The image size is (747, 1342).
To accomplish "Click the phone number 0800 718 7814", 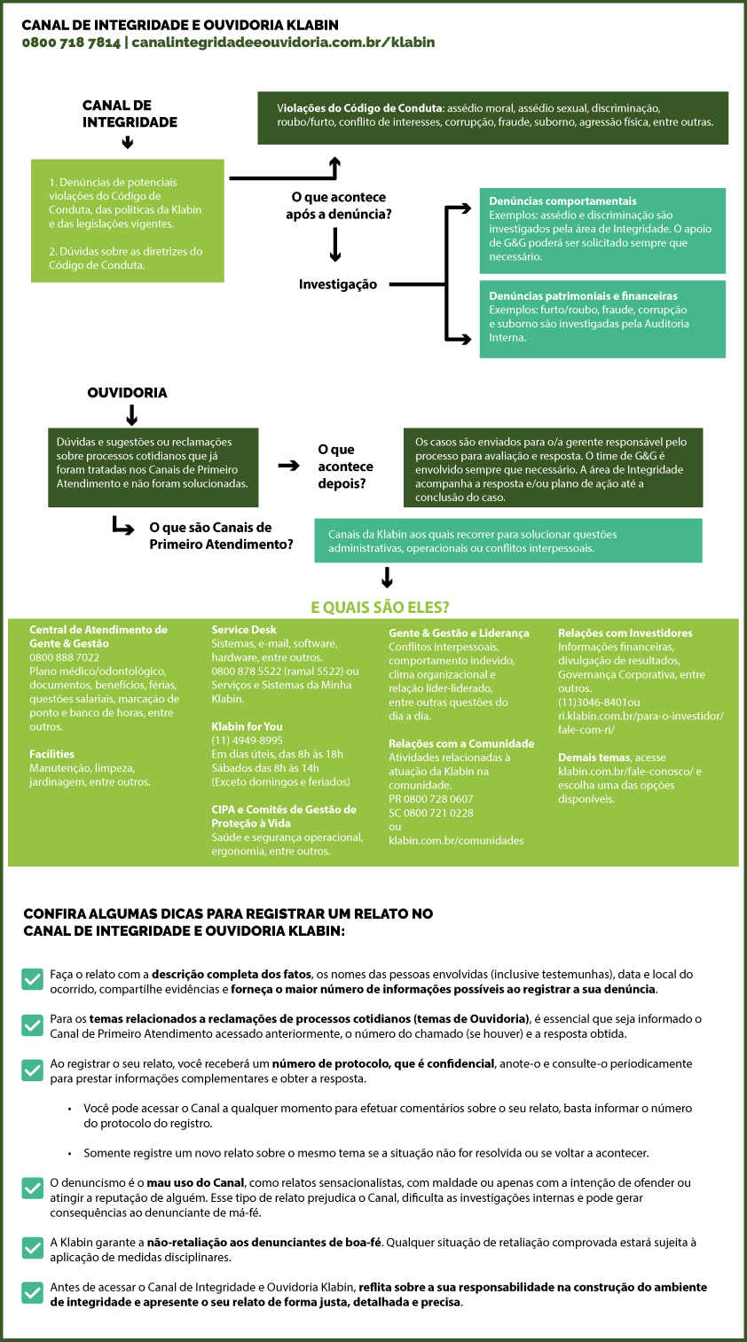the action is tap(71, 43).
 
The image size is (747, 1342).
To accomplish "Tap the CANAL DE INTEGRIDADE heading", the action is tap(130, 114).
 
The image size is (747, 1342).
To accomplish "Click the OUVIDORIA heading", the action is tap(127, 392).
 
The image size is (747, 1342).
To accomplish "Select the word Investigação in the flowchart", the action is tap(338, 284).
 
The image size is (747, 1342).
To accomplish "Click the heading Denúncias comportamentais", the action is tap(562, 201).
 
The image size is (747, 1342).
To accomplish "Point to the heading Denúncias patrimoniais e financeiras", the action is tap(583, 296).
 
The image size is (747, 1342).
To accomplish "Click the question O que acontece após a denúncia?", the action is tap(338, 206).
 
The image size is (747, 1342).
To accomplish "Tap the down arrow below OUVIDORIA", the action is tap(132, 414).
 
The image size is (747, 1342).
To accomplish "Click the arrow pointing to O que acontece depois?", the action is tap(288, 466).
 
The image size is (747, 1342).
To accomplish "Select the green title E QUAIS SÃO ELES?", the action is tap(380, 608).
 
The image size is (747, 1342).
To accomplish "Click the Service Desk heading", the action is tap(244, 630).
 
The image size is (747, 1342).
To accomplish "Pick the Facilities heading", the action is tap(52, 754).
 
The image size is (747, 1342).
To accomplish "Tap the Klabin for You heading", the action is tap(247, 726).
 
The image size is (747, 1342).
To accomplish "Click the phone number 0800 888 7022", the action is tap(65, 657).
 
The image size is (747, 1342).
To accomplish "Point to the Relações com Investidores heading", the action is tap(625, 632).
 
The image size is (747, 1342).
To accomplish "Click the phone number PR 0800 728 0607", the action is tap(430, 799).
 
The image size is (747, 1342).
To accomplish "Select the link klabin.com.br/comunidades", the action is tap(456, 841).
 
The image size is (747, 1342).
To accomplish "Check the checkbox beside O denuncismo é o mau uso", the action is tap(32, 1188).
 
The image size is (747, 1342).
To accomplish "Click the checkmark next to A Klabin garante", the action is tap(32, 1248).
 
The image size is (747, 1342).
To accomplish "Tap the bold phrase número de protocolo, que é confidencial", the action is tap(383, 1063).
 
